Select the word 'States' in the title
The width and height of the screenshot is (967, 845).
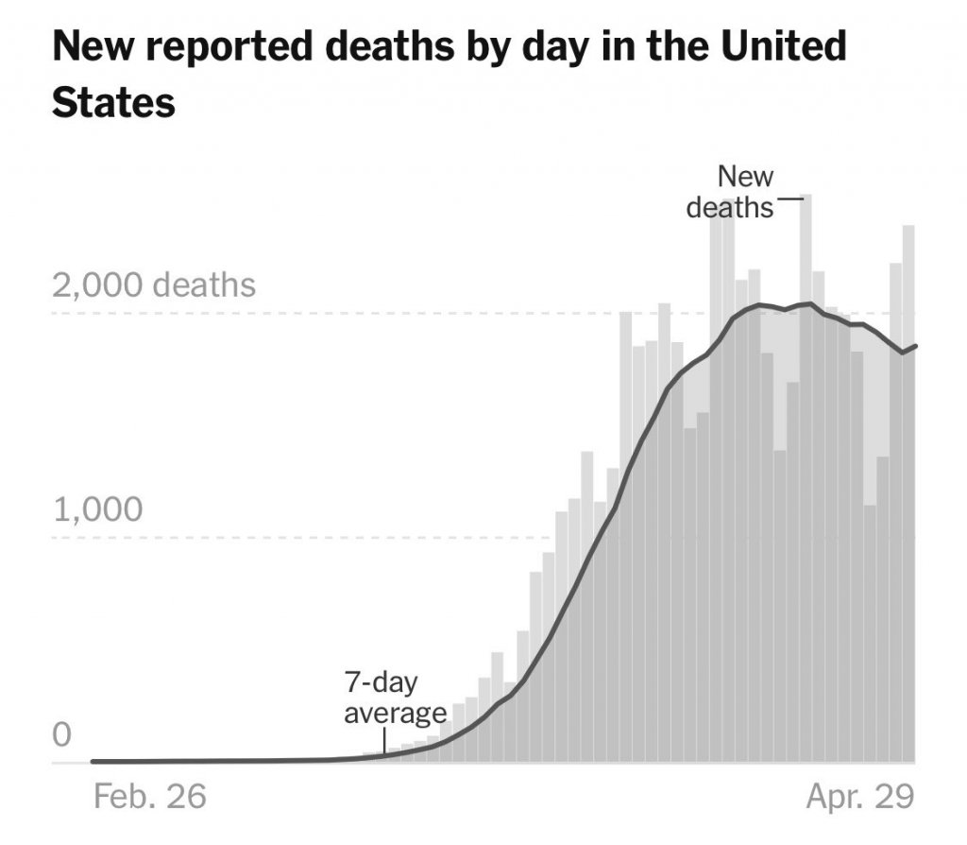(x=113, y=102)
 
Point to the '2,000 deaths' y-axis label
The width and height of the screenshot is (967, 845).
(x=154, y=285)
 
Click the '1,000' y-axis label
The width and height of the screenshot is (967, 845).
(x=98, y=510)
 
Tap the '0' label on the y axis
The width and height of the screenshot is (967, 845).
(x=62, y=734)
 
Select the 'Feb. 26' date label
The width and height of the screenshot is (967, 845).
(x=150, y=796)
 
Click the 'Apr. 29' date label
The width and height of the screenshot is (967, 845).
(x=859, y=796)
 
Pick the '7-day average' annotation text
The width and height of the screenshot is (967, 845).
(x=395, y=698)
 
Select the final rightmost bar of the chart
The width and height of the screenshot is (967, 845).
(x=909, y=491)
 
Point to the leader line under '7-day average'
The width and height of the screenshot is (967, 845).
(x=385, y=741)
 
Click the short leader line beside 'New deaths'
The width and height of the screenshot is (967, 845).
(x=789, y=198)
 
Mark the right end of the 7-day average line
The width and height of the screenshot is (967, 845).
(x=916, y=346)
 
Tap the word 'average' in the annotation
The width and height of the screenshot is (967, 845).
(x=395, y=713)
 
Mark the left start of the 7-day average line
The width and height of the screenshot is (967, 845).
(x=93, y=760)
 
